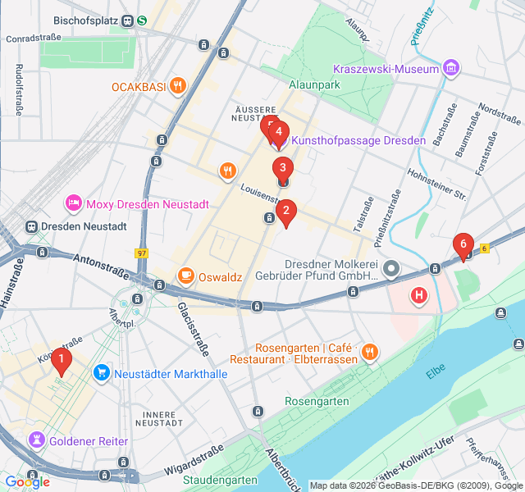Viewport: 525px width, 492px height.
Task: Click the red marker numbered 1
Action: pyautogui.click(x=61, y=359)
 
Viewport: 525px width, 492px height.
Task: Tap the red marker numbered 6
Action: pyautogui.click(x=463, y=244)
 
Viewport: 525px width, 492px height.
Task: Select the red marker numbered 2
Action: pyautogui.click(x=285, y=212)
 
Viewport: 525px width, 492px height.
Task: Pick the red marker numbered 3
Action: pyautogui.click(x=282, y=170)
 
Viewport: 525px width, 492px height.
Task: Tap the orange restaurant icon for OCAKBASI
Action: pyautogui.click(x=177, y=86)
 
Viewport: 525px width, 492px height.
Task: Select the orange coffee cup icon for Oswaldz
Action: pyautogui.click(x=186, y=276)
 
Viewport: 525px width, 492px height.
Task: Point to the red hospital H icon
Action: pyautogui.click(x=420, y=295)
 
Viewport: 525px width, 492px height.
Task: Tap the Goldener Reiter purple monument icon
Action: pyautogui.click(x=36, y=441)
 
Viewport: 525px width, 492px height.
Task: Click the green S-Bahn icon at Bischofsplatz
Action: pyautogui.click(x=142, y=20)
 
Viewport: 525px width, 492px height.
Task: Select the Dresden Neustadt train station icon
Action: pyautogui.click(x=33, y=226)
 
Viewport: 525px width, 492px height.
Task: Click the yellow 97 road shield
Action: pyautogui.click(x=143, y=253)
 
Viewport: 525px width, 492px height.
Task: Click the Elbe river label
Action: pyautogui.click(x=436, y=372)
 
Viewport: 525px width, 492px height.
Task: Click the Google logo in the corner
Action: pyautogui.click(x=27, y=481)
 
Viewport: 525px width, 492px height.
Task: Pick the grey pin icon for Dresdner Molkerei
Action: pyautogui.click(x=392, y=268)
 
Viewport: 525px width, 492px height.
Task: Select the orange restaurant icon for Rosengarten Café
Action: pyautogui.click(x=370, y=353)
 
